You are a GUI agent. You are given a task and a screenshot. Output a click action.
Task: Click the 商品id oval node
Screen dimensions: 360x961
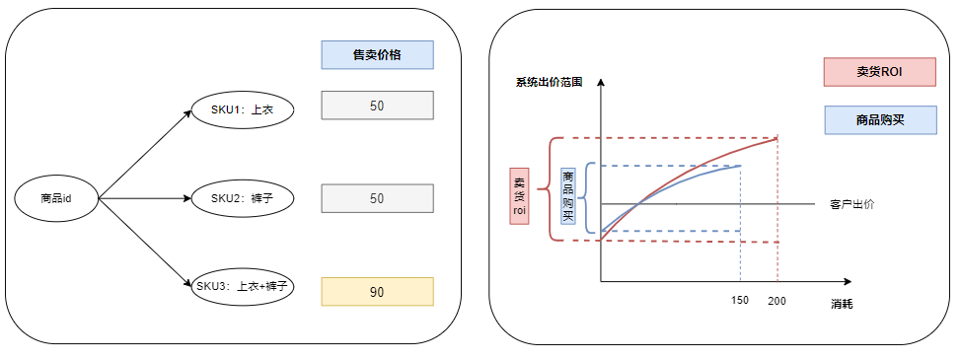point(56,198)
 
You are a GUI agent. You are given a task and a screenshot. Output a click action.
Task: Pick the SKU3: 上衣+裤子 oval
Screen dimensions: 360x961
point(241,286)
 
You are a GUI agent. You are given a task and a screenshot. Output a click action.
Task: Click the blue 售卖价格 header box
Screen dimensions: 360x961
point(377,55)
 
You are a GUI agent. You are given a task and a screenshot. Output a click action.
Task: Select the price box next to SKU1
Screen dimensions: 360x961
point(377,106)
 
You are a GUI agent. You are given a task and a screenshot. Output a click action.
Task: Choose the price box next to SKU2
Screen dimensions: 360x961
point(377,198)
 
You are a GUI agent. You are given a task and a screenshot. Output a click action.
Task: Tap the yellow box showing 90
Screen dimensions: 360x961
point(377,292)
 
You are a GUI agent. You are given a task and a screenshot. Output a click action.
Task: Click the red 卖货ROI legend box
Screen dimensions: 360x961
point(879,72)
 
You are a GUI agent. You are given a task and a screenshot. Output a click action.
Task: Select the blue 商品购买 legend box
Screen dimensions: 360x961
point(879,120)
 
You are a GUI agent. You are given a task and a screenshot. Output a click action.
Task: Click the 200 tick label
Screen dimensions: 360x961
point(777,300)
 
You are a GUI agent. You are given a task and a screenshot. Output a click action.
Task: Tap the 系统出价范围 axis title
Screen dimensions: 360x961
point(549,83)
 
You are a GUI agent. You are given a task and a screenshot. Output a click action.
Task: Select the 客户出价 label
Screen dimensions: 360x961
point(852,204)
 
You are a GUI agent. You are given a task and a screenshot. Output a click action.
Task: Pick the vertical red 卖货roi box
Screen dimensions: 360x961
point(519,193)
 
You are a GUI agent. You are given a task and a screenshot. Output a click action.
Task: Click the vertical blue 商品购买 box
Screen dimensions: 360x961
point(567,195)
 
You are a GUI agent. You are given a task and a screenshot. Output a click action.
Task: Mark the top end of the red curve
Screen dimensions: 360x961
point(776,139)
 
